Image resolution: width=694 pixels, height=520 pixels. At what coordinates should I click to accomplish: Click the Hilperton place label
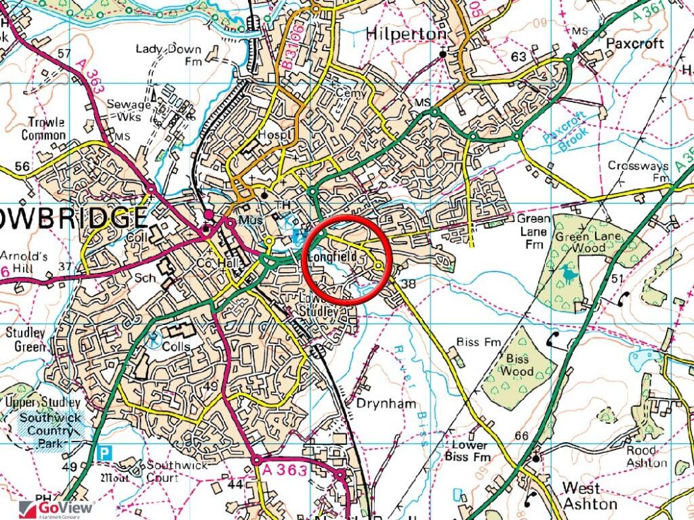[406, 34]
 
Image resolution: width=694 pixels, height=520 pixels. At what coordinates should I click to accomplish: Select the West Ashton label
[590, 496]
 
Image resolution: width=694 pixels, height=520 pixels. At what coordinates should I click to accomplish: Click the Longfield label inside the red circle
[332, 257]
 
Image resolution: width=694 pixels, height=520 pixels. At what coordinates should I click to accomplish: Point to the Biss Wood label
[517, 364]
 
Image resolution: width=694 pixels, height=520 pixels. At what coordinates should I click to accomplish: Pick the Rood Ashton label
[646, 456]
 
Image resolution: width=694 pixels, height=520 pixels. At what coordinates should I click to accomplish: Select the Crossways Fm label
[639, 171]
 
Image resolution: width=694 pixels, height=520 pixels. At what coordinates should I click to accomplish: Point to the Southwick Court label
[154, 471]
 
